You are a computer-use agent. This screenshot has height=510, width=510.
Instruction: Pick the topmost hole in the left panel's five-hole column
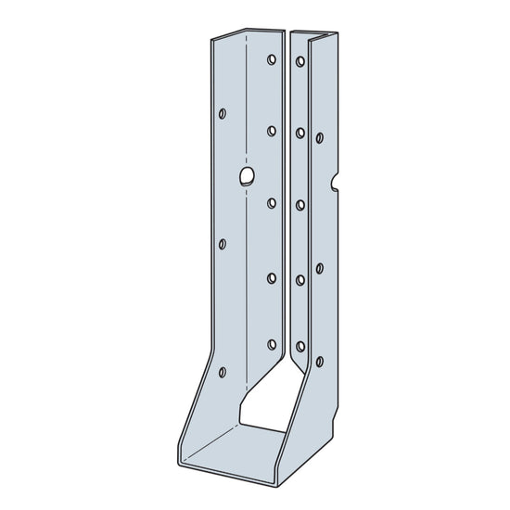pyautogui.click(x=272, y=60)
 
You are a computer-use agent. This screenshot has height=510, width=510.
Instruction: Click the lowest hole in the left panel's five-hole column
pyautogui.click(x=272, y=345)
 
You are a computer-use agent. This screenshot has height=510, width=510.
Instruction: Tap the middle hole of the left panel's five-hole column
pyautogui.click(x=272, y=202)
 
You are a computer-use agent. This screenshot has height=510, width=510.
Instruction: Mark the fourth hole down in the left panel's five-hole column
pyautogui.click(x=272, y=274)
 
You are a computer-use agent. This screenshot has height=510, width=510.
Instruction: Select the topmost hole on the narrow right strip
pyautogui.click(x=300, y=62)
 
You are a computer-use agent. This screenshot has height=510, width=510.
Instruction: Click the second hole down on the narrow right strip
pyautogui.click(x=300, y=134)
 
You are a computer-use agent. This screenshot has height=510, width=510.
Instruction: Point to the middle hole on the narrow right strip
pyautogui.click(x=300, y=204)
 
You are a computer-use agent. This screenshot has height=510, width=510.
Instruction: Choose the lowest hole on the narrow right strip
pyautogui.click(x=300, y=347)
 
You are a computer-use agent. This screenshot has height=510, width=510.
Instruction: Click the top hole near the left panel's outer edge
pyautogui.click(x=222, y=114)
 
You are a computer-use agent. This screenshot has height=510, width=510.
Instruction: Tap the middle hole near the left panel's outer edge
pyautogui.click(x=222, y=244)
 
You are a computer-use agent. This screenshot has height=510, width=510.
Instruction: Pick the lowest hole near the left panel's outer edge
pyautogui.click(x=222, y=373)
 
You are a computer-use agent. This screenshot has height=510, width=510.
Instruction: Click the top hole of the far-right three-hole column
pyautogui.click(x=320, y=137)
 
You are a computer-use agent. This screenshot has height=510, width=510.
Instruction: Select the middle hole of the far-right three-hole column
pyautogui.click(x=320, y=268)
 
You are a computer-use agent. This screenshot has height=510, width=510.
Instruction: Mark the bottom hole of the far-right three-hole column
pyautogui.click(x=320, y=361)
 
